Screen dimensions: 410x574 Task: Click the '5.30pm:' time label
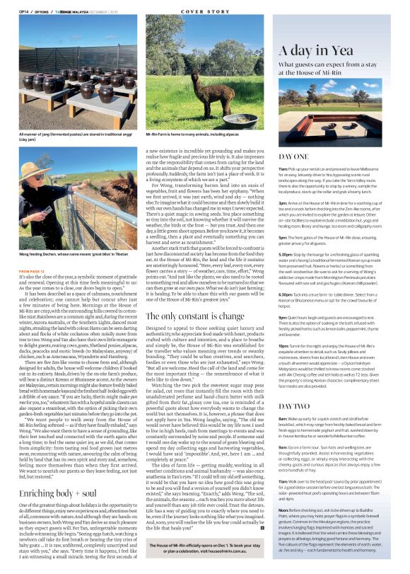(x=286, y=272)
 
